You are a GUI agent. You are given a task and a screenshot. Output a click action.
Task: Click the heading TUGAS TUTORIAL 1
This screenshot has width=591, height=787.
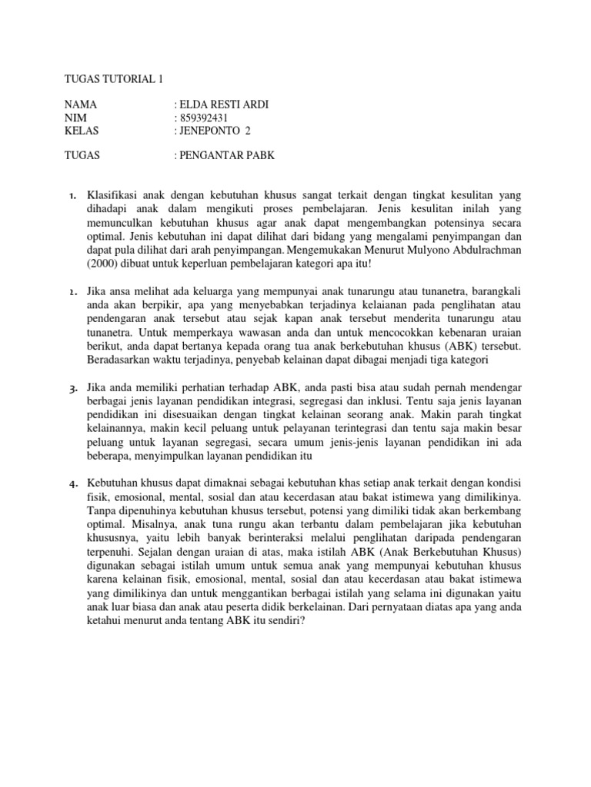114,78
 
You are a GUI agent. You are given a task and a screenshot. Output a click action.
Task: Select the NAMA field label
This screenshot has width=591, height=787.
80,105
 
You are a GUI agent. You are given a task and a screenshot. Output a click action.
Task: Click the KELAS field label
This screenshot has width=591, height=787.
82,131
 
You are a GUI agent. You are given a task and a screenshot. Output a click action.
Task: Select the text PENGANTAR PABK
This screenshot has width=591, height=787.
226,156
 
